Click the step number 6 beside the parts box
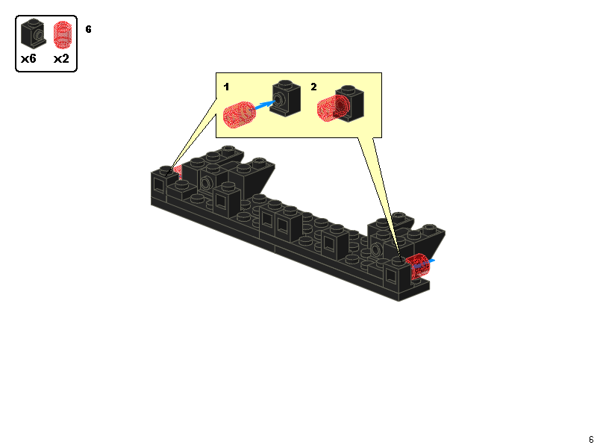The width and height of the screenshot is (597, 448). coord(89,29)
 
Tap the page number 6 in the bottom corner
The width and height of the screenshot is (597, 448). coord(591,440)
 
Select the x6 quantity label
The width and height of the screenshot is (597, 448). coord(29,58)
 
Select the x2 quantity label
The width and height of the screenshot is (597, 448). coord(61,58)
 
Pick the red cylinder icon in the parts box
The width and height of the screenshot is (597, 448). coord(63,34)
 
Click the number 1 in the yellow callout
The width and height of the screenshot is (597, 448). coord(226,87)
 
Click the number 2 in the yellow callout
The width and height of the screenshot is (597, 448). coord(313,87)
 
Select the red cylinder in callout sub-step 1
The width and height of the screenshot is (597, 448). coord(239,115)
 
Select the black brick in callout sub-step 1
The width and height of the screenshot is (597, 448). coord(285,98)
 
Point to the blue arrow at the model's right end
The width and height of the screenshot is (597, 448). coord(428,262)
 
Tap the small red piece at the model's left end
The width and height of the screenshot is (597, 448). coord(177,171)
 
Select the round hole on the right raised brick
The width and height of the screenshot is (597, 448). coord(376,249)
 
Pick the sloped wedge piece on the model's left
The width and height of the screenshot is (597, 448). coord(257,175)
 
